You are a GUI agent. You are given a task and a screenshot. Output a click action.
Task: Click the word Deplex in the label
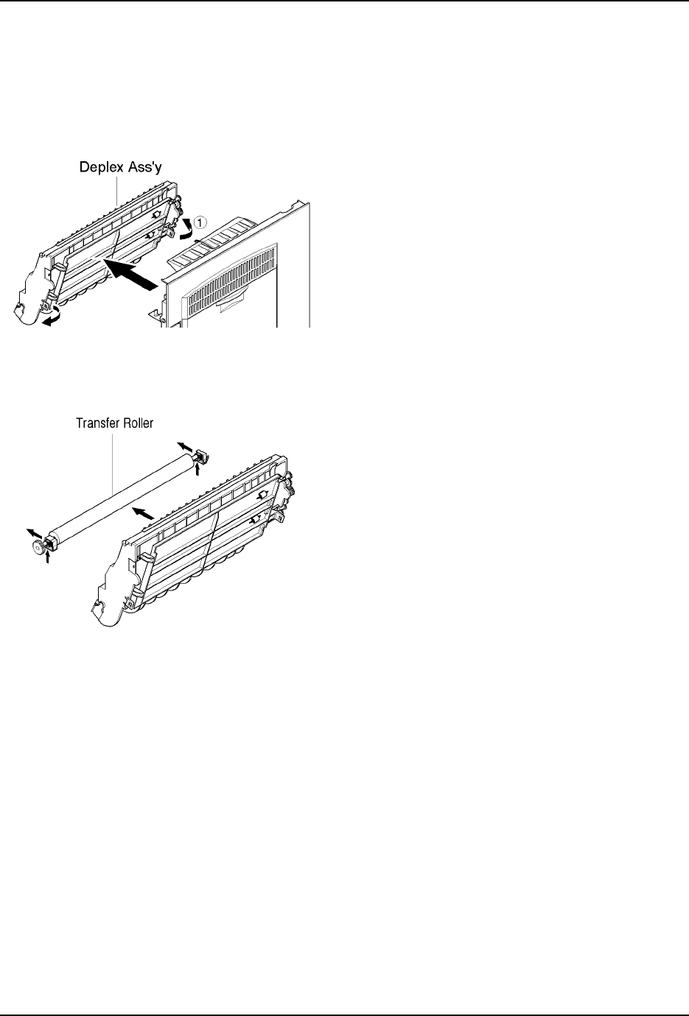pyautogui.click(x=101, y=168)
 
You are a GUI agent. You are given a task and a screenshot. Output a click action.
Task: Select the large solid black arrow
pyautogui.click(x=133, y=273)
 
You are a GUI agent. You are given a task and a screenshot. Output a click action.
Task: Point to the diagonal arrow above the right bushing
pyautogui.click(x=184, y=446)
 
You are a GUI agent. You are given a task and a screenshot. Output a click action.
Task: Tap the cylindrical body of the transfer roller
pyautogui.click(x=118, y=501)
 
